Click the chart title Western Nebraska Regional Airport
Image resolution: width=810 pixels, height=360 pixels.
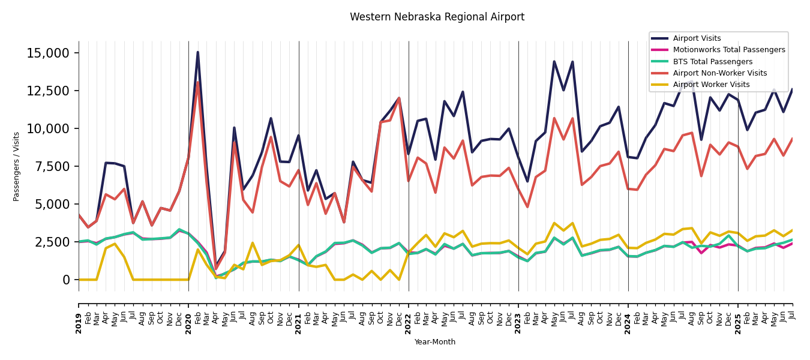[x=437, y=17]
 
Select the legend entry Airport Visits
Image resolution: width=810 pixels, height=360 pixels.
[x=697, y=38]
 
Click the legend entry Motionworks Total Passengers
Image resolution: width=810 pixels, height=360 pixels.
[x=728, y=50]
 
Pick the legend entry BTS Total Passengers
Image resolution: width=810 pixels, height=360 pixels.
[x=712, y=62]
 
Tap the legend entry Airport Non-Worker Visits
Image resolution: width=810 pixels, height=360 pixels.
[x=719, y=73]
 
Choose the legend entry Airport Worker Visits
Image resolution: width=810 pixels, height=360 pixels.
[x=711, y=85]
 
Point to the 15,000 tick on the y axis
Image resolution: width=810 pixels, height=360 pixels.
[x=48, y=53]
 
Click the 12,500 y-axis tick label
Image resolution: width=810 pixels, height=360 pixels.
[x=48, y=91]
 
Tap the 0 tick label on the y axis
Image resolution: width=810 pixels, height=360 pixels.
[x=67, y=280]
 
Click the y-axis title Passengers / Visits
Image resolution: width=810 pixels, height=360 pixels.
[x=17, y=166]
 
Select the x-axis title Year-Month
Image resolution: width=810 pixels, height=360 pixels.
[x=435, y=342]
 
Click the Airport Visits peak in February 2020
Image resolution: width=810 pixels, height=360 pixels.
[x=197, y=52]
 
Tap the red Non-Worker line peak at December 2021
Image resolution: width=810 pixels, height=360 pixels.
[x=399, y=98]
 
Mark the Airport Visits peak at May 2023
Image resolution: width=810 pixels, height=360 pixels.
[x=554, y=62]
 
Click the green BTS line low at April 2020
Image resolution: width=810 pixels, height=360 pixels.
[x=216, y=277]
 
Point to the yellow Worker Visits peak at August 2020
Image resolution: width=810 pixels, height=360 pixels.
[x=253, y=243]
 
